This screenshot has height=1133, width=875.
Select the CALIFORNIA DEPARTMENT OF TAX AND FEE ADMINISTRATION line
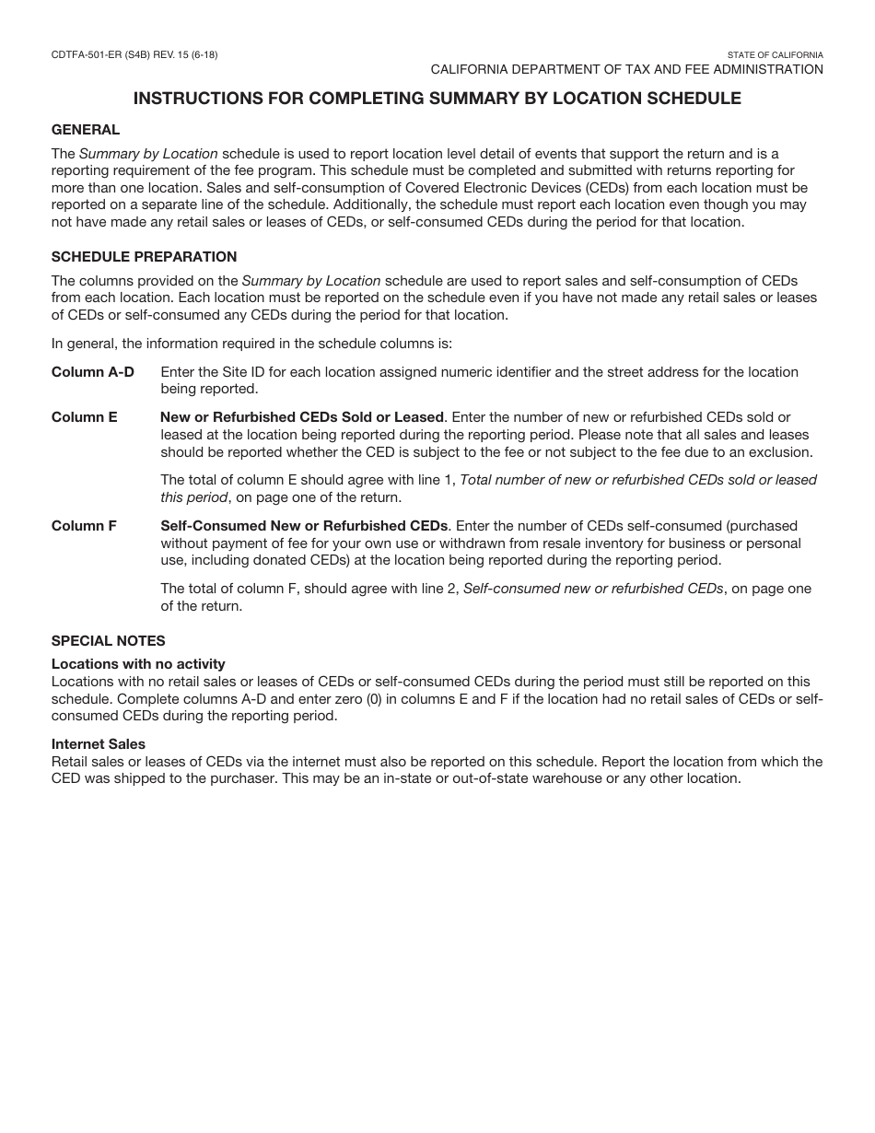point(626,70)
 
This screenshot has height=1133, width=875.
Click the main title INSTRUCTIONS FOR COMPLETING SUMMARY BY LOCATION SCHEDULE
point(437,99)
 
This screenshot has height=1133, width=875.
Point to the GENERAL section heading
point(86,130)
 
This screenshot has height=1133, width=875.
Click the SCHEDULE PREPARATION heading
point(144,257)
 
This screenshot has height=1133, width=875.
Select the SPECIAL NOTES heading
point(108,641)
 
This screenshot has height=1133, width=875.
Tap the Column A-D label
point(92,372)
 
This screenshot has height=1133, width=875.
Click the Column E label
point(84,417)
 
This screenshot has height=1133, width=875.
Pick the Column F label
point(84,526)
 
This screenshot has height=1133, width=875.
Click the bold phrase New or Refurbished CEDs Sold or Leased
point(302,417)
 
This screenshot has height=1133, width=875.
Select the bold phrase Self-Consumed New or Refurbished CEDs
point(304,526)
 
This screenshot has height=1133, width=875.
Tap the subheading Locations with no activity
point(138,664)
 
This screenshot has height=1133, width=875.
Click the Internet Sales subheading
point(99,744)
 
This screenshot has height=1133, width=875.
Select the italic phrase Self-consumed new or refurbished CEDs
point(593,589)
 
